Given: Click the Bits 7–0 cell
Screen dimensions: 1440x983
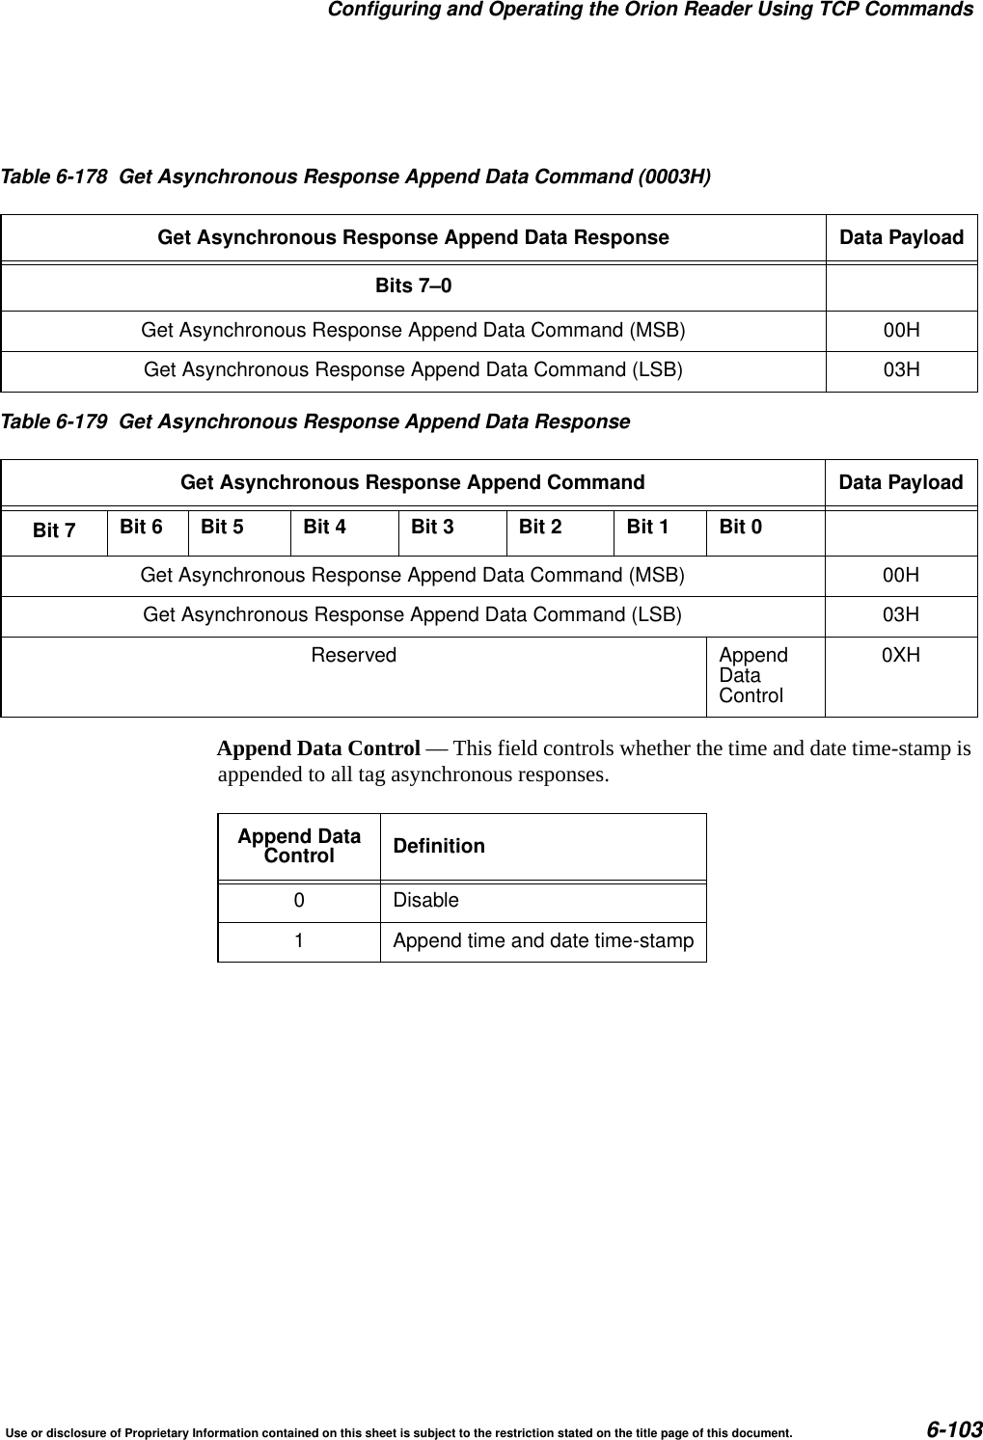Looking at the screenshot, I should tap(413, 286).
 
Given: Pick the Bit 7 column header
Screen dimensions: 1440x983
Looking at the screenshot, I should tap(54, 530).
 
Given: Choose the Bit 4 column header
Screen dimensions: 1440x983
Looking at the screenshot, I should tap(324, 527).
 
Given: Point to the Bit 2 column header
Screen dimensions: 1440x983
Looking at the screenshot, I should tap(540, 527).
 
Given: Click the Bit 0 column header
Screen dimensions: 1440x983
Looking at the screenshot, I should tap(740, 527).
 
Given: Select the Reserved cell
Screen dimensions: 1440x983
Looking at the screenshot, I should tap(353, 655).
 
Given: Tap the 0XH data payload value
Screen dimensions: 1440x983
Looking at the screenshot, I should tap(901, 655).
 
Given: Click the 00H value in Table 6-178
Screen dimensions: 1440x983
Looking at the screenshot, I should tap(901, 331).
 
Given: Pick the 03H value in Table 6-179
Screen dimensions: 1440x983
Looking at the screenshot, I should tap(901, 614).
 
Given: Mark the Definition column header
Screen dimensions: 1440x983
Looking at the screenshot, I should tap(439, 846).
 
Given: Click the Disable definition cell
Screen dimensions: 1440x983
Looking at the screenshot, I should tap(425, 900).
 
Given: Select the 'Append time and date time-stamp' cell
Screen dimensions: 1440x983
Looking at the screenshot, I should tap(543, 940).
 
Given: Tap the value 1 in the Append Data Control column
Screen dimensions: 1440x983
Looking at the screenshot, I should tap(299, 940).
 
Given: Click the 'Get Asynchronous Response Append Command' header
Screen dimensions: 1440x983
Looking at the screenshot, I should tap(413, 481).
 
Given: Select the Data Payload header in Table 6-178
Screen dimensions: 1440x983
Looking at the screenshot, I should tap(901, 237).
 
